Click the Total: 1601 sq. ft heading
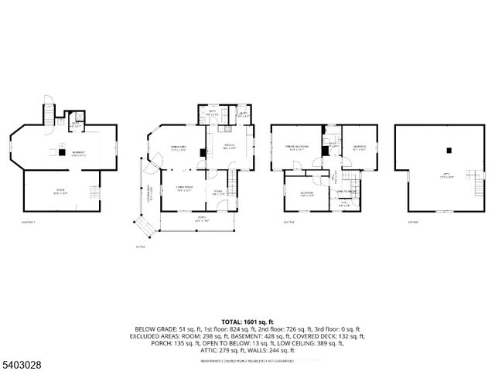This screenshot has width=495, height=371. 247,321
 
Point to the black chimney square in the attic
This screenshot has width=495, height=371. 469,171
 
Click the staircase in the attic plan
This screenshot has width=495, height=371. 470,176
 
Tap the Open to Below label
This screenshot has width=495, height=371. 346,190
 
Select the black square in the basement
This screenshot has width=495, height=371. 61,151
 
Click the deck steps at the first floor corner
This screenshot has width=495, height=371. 144,228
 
